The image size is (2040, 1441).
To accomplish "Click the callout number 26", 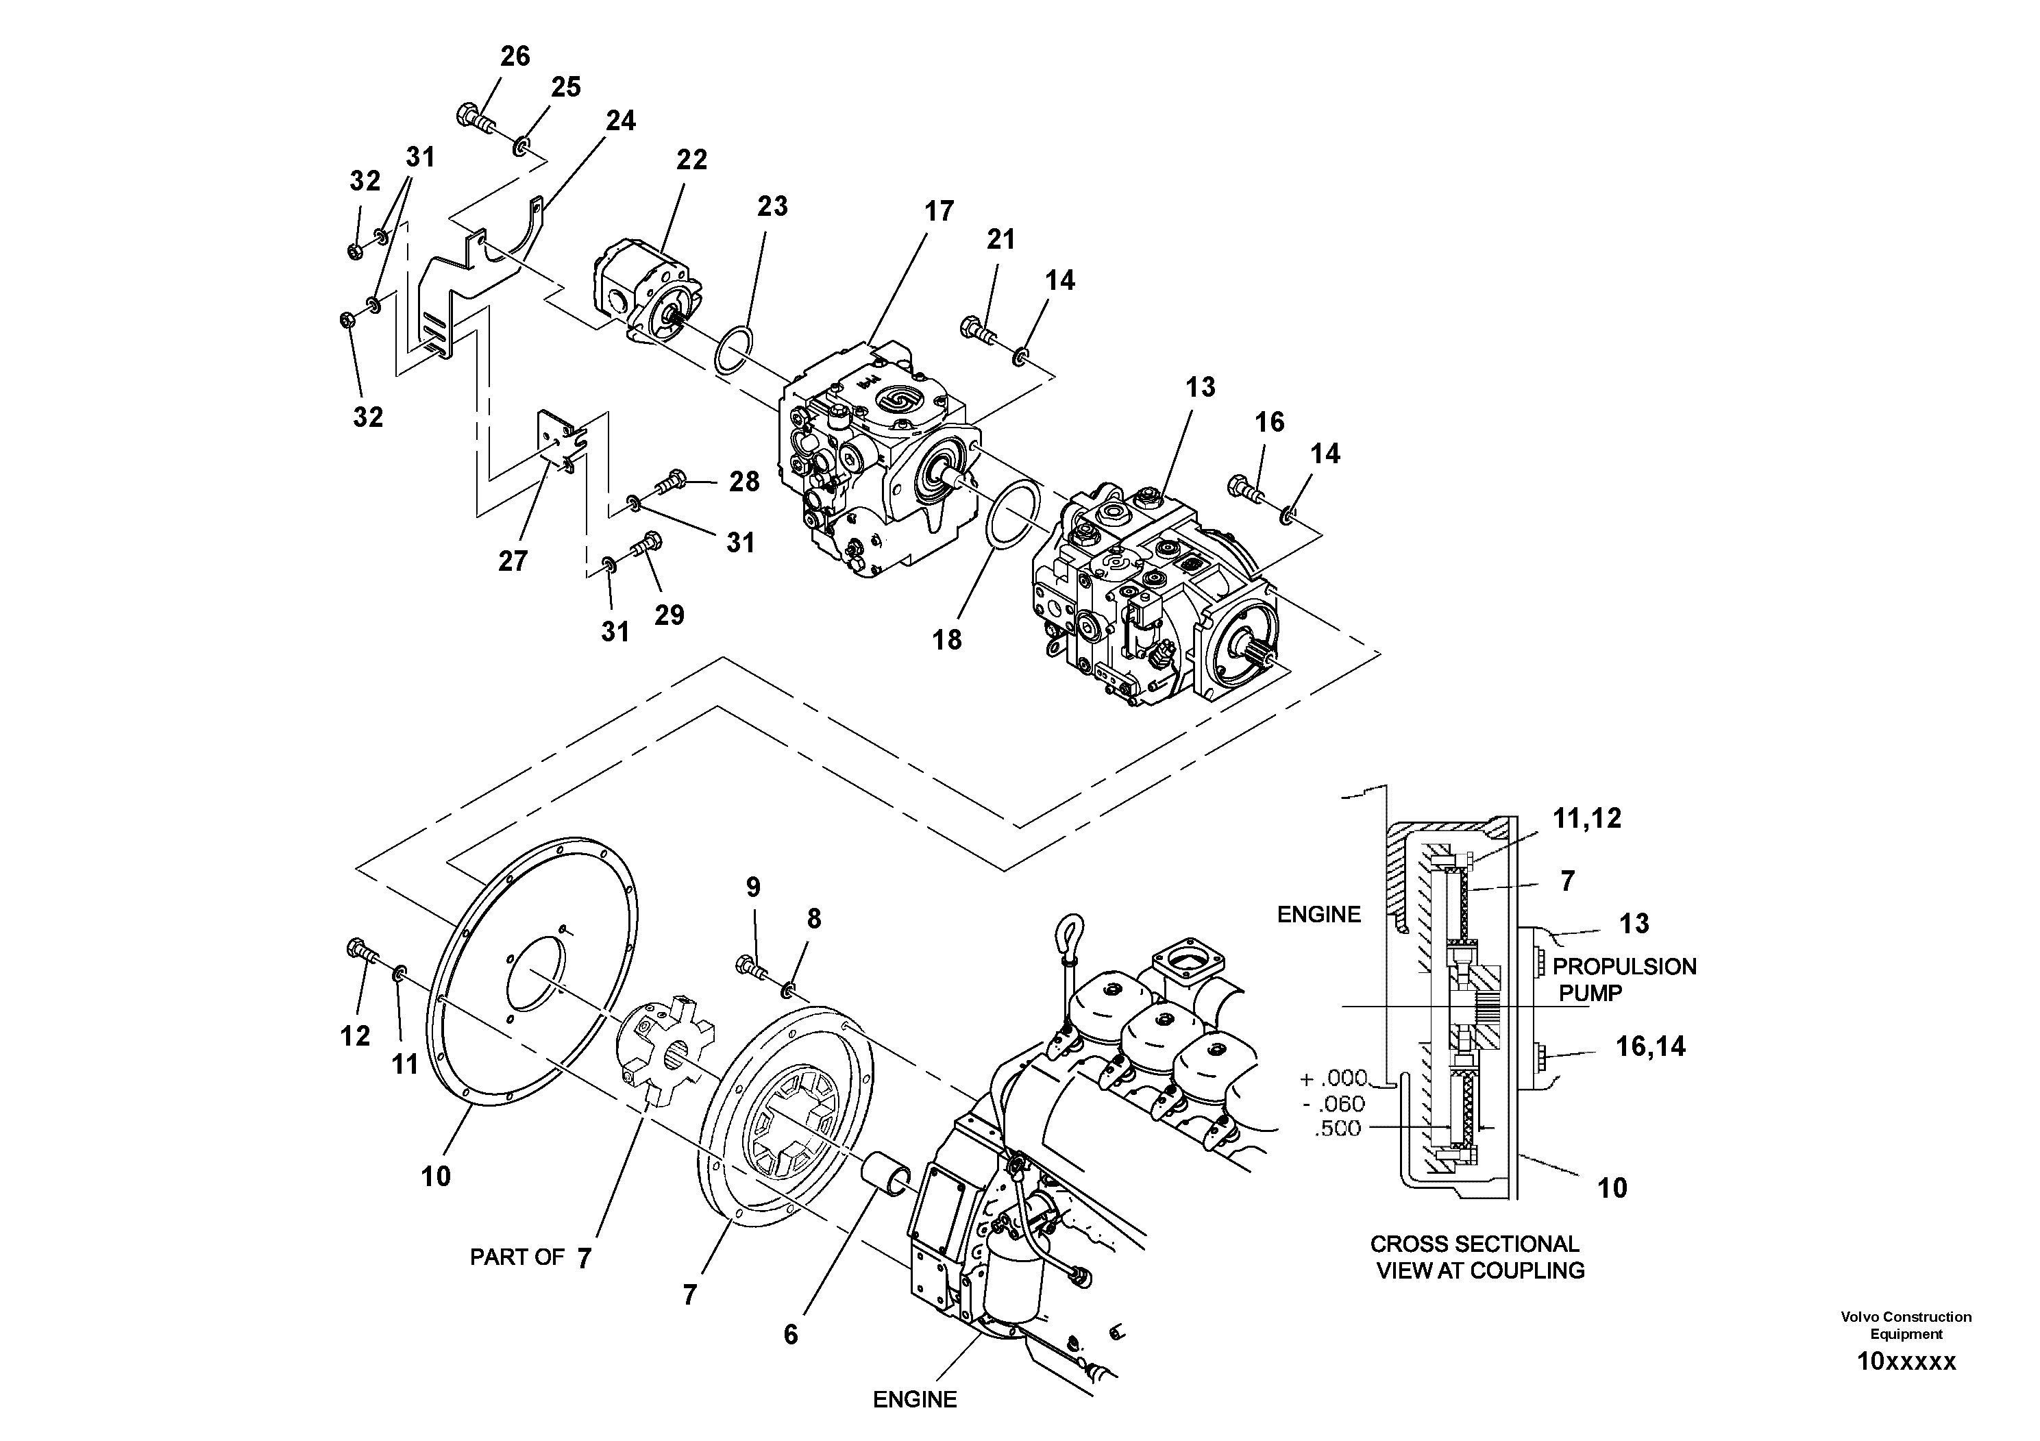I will (x=515, y=57).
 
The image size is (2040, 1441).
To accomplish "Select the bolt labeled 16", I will (x=1245, y=488).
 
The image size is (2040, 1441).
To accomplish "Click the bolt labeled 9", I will (x=752, y=965).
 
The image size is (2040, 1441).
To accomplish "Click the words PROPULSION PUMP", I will (x=1623, y=979).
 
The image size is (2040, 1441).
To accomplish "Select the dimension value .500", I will (x=1336, y=1129).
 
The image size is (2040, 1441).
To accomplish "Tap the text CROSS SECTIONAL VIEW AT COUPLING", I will (x=1479, y=1257).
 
